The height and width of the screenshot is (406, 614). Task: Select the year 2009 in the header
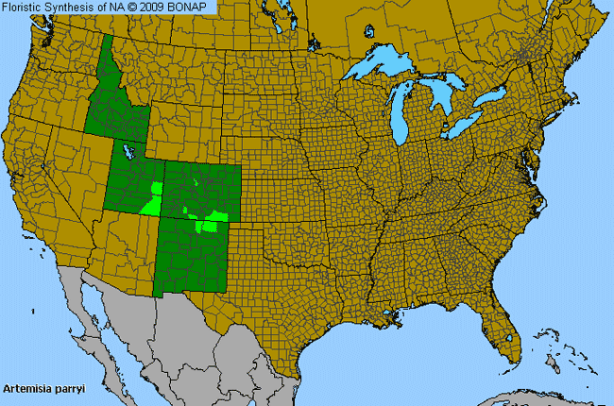[159, 8]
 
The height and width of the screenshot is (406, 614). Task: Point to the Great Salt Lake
[126, 151]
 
